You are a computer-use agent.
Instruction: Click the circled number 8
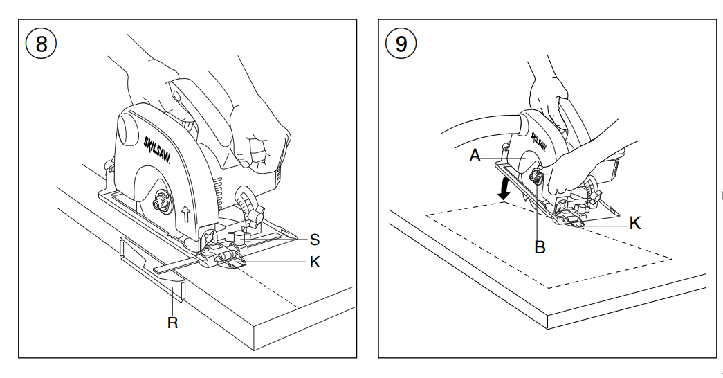41,44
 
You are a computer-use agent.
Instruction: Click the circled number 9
401,44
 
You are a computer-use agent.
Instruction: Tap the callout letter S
315,240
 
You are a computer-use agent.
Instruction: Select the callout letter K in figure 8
315,262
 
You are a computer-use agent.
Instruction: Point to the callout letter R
172,323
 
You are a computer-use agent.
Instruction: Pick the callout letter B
540,246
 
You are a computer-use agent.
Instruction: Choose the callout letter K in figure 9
634,223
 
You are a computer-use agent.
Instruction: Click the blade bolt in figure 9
536,179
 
